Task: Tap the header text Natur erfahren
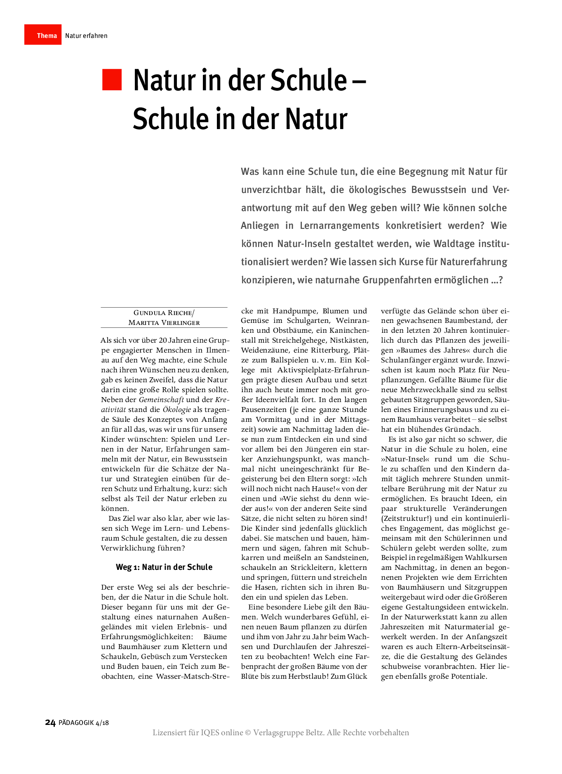click(86, 36)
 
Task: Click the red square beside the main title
click(112, 80)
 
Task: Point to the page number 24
click(50, 722)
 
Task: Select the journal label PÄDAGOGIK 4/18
click(84, 723)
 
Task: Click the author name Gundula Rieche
click(163, 313)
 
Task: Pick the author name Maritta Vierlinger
click(164, 323)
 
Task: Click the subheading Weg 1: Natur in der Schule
click(164, 567)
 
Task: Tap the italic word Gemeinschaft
click(161, 400)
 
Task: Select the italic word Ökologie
click(176, 409)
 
